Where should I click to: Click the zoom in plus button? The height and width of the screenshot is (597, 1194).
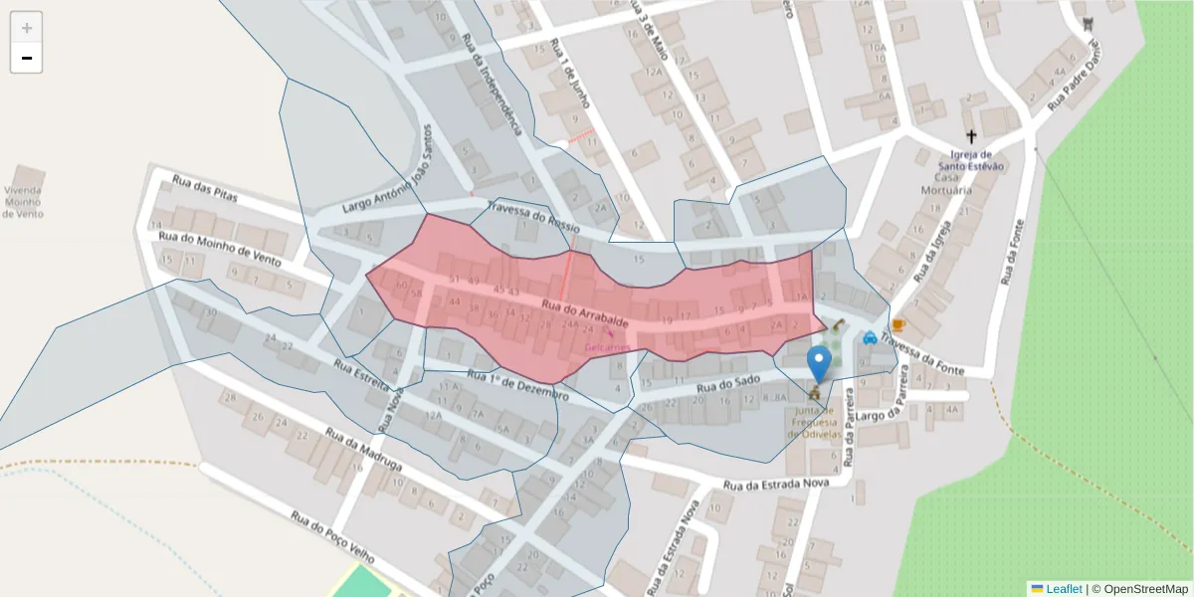click(x=27, y=27)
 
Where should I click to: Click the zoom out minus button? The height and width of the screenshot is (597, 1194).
click(x=27, y=58)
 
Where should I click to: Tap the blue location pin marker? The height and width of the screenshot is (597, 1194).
click(x=820, y=364)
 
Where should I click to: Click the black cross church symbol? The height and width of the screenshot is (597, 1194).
click(x=971, y=136)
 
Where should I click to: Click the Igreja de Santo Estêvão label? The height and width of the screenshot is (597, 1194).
click(x=971, y=160)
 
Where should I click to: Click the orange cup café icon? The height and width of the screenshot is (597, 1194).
click(x=898, y=325)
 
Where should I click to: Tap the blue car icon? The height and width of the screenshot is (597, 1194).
click(x=871, y=336)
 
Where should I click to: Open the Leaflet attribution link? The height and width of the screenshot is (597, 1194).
click(x=1064, y=589)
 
